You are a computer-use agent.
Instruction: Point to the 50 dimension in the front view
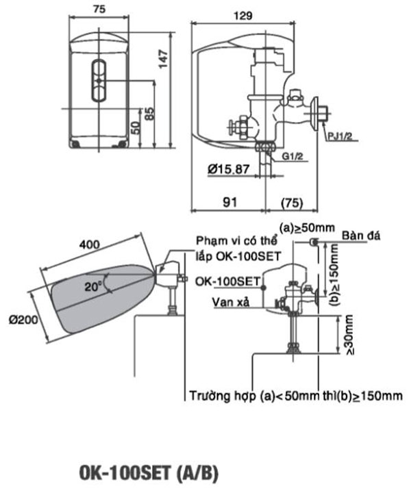coord(136,127)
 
